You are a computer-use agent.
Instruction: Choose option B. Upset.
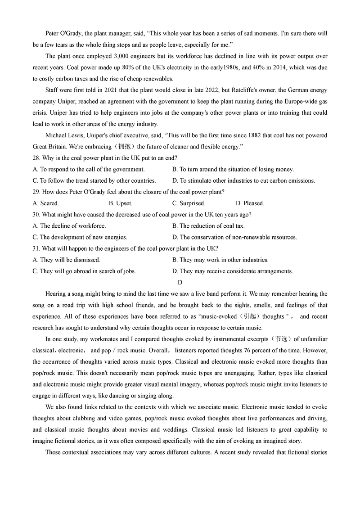121,203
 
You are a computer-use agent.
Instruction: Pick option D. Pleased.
250,203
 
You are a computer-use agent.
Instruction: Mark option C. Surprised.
189,203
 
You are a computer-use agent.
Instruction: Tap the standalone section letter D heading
180,282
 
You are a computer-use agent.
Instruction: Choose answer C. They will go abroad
84,271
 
